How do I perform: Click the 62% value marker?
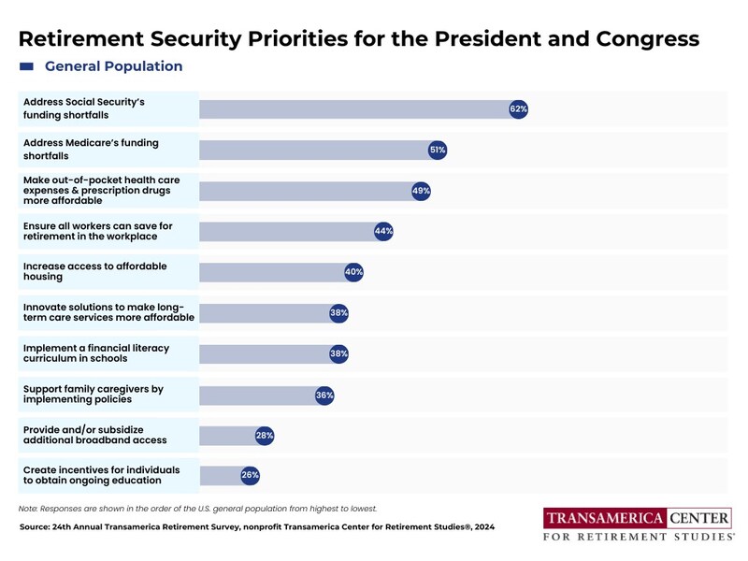(x=519, y=109)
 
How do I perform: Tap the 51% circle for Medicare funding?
(x=438, y=151)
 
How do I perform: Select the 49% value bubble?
(x=421, y=191)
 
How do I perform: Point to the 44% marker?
(x=383, y=231)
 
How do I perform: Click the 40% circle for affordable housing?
(x=353, y=272)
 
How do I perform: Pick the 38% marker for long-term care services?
(x=338, y=313)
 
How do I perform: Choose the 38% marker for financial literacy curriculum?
(x=338, y=353)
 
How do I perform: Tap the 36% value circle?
(x=324, y=395)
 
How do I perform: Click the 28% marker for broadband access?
(x=265, y=436)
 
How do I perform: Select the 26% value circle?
(x=250, y=475)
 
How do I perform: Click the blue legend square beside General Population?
(x=26, y=66)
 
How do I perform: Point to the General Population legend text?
(x=113, y=66)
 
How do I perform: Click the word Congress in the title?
(x=647, y=39)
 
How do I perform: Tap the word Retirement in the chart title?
(x=81, y=38)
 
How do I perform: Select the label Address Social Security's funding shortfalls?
(x=84, y=108)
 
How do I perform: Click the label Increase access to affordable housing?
(x=95, y=271)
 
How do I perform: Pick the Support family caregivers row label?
(x=93, y=394)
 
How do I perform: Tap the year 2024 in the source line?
(x=484, y=527)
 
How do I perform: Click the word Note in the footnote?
(x=28, y=509)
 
